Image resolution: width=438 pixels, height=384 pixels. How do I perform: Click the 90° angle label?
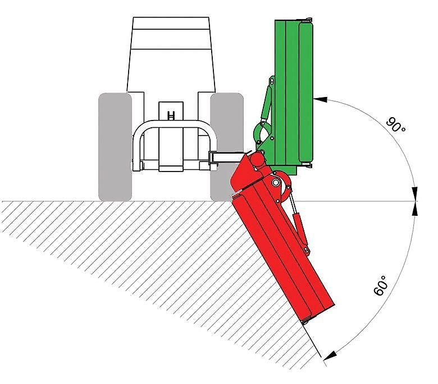coord(395,125)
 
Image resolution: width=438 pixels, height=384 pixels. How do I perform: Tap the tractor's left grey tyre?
coord(115,147)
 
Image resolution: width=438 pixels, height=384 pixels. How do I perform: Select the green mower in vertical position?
coord(288,95)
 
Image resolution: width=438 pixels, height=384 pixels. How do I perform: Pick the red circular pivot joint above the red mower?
coord(257,160)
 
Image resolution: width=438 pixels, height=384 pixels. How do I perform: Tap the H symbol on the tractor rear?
coord(171,115)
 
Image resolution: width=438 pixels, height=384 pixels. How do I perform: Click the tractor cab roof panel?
coord(171,23)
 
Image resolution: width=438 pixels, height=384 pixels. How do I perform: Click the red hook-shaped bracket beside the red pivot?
coord(282,187)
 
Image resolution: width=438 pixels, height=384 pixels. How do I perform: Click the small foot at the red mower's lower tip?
coord(304,322)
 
